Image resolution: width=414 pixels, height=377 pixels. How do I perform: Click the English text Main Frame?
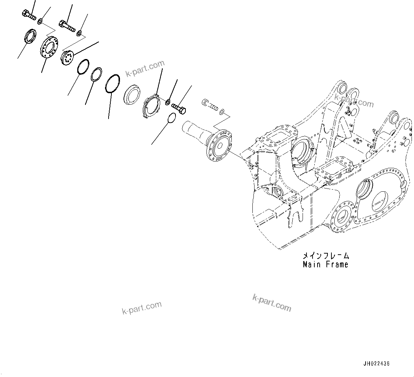pos(325,264)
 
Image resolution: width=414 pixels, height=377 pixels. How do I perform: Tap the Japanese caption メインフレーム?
pos(325,256)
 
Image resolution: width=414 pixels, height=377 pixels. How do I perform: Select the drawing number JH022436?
pos(376,363)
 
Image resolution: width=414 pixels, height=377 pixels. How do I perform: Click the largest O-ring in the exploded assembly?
pos(112,84)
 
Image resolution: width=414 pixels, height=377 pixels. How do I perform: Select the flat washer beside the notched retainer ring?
pos(167,103)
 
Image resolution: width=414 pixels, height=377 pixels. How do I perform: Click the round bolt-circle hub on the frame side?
pos(342,216)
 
